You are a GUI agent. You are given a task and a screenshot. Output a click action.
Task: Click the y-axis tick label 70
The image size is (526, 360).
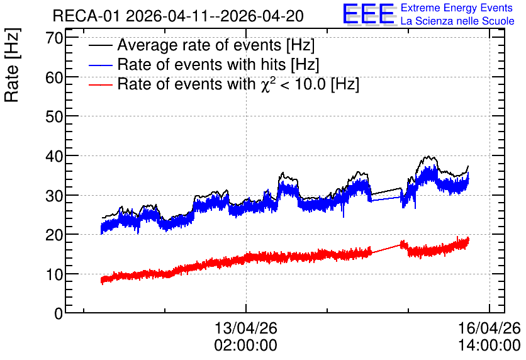tap(54, 38)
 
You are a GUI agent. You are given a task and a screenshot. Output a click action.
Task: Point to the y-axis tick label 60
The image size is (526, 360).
tap(54, 77)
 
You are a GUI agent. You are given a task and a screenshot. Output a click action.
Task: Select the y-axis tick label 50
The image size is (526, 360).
tap(54, 117)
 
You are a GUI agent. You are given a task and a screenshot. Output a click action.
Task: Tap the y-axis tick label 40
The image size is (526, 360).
tap(54, 156)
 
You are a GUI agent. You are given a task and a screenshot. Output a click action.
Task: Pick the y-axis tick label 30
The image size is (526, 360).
tap(54, 196)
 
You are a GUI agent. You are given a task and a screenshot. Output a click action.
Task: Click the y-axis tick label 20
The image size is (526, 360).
tap(54, 235)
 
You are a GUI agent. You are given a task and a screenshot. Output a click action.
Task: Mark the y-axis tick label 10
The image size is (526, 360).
tap(54, 274)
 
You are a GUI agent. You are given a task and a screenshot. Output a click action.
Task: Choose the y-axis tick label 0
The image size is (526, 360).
tap(59, 313)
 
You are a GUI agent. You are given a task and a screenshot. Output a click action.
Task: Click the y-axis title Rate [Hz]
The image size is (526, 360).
tap(12, 65)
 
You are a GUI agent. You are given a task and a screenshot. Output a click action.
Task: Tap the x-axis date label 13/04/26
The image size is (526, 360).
tap(246, 328)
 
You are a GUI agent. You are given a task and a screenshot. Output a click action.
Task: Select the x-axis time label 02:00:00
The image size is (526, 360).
tap(246, 345)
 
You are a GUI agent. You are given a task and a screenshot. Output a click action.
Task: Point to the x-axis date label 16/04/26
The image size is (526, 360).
tap(489, 328)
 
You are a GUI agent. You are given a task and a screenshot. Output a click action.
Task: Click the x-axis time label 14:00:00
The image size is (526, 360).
tap(489, 345)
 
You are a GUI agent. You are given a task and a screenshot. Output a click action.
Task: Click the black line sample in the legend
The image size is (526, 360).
tap(100, 45)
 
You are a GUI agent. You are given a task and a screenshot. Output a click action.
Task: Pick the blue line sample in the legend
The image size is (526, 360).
tap(100, 65)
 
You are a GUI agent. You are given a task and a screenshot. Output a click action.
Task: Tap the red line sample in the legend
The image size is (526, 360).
tap(100, 84)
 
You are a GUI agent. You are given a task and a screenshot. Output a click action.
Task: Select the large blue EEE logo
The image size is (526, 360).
tap(369, 14)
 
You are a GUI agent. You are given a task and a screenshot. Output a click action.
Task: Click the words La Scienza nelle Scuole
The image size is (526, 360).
tap(457, 21)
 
